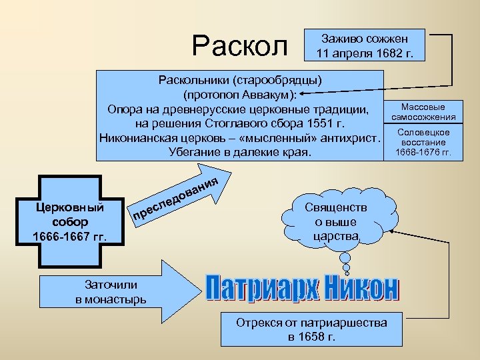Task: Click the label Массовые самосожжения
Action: pos(423,111)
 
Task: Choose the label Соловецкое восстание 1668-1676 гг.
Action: pos(423,142)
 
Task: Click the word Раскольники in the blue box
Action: pos(191,80)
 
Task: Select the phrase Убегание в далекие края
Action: pos(240,153)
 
